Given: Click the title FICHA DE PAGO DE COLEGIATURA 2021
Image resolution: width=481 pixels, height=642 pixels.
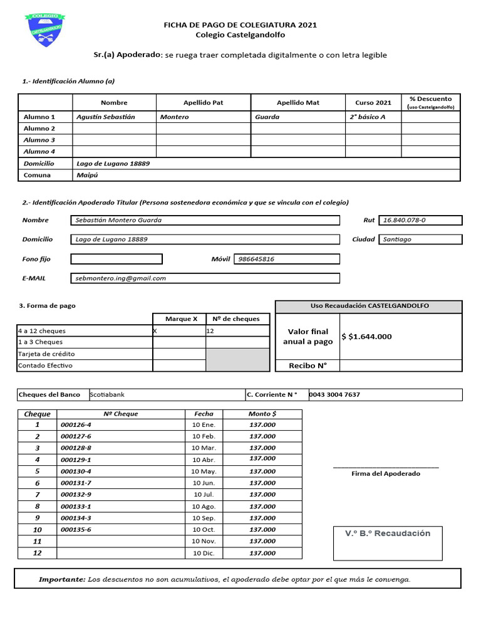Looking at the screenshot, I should click(240, 24).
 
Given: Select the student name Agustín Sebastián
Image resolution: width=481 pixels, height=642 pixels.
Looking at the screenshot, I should click(105, 117).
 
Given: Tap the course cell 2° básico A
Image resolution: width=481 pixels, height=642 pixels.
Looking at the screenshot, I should click(368, 117).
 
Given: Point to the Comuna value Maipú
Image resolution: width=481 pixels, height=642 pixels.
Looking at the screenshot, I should click(87, 175).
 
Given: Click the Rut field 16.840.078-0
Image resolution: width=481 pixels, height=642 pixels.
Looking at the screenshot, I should click(420, 220).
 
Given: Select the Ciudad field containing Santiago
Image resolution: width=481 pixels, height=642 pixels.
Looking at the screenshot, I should click(420, 239).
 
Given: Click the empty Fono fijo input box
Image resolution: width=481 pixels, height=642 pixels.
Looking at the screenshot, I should click(116, 259).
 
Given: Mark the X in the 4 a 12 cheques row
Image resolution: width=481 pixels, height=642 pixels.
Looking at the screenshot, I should click(155, 330).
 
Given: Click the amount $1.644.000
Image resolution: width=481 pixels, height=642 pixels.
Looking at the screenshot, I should click(367, 337).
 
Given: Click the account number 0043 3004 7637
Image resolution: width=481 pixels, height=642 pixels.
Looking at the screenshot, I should click(334, 394).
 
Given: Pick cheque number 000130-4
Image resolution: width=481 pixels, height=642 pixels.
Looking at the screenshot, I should click(76, 471).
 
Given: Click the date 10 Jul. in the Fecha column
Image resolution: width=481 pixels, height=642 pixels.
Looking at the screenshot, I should click(204, 495).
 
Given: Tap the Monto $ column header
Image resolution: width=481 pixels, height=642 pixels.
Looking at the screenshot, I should click(262, 414).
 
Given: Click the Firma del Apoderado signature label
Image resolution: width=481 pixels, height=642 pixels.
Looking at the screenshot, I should click(386, 474).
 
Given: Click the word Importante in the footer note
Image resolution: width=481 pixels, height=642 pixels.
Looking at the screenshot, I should click(61, 579).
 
